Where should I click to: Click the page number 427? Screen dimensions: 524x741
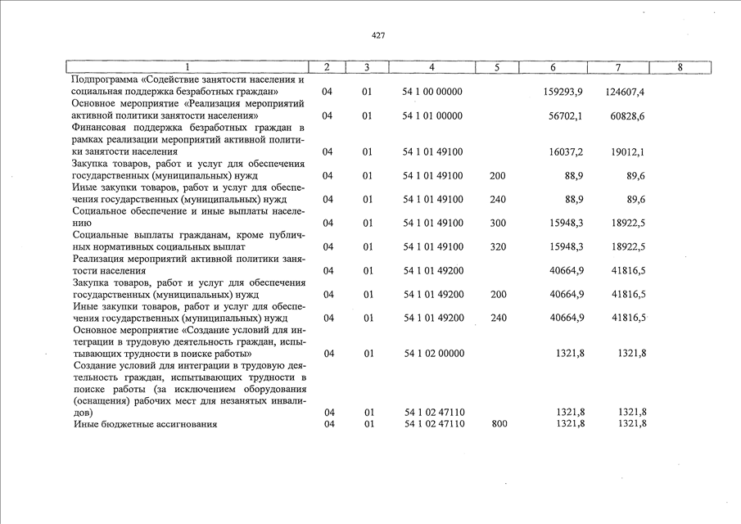377,36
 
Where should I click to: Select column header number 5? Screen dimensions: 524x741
497,67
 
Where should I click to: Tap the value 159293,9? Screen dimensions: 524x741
563,92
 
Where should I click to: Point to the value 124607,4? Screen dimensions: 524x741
625,92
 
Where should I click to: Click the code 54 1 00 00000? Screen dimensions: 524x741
433,92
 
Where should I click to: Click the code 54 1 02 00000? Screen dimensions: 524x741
434,354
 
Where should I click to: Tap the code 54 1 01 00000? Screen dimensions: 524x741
433,116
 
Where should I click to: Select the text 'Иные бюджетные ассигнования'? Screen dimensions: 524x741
134,423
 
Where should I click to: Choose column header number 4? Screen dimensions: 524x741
431,67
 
